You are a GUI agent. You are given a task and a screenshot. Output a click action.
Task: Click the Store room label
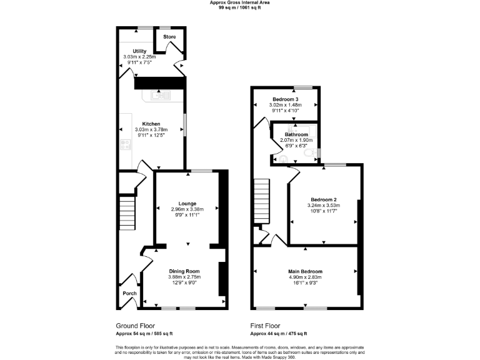coord(169,37)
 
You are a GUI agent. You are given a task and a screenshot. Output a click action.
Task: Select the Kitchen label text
coord(151,124)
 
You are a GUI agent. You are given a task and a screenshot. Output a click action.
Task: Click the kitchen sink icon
coord(157,96)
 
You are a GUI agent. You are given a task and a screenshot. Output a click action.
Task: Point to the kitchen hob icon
coord(124,144)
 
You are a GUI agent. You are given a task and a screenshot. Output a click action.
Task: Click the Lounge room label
coord(187,204)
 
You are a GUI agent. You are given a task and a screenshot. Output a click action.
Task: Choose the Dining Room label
coord(184,271)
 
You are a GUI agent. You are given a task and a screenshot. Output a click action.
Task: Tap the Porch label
coord(129,294)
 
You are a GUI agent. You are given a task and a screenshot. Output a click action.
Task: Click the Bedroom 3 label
coord(285,99)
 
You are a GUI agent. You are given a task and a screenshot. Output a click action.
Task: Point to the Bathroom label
coord(296,134)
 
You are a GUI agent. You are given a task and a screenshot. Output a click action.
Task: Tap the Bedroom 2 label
coord(323,200)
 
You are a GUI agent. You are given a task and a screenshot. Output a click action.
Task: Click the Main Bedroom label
coord(305,271)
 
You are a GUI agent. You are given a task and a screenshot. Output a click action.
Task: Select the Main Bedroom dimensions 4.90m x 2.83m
coord(305,277)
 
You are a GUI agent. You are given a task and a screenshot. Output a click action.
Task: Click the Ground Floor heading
coord(135,326)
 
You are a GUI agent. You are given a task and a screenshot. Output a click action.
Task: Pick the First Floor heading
coord(265,326)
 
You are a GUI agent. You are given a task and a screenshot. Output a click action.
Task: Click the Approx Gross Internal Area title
coord(240,2)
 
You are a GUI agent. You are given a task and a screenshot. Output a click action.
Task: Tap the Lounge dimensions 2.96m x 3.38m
coord(187,209)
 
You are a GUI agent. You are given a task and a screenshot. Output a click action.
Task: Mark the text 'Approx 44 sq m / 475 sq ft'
coord(279,334)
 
